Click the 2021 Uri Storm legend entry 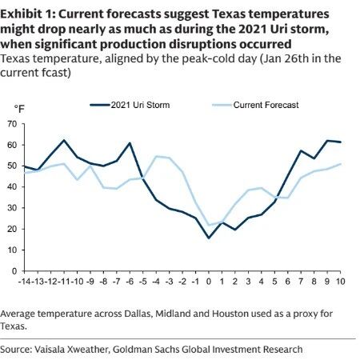[130, 105]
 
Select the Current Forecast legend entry [255, 105]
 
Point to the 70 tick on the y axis [13, 124]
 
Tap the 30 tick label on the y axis [13, 208]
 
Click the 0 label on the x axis [209, 282]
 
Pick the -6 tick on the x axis [130, 282]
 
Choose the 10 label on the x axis [340, 282]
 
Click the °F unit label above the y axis [19, 109]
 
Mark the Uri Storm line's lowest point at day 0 [209, 238]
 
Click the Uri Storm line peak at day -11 [64, 140]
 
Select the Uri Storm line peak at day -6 [130, 143]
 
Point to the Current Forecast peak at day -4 [156, 156]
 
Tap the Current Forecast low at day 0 [209, 225]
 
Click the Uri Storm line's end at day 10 [341, 142]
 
